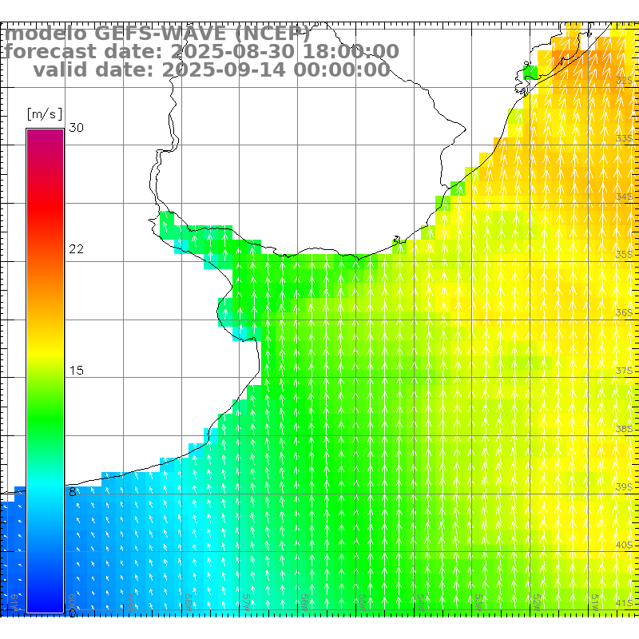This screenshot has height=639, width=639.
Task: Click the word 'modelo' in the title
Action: pos(46,34)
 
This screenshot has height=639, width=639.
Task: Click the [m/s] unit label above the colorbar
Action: pos(44,113)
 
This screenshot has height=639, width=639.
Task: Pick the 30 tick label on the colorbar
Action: pos(76,128)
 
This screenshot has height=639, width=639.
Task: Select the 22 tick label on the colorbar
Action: pos(76,249)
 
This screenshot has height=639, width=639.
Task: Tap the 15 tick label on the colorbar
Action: pos(76,371)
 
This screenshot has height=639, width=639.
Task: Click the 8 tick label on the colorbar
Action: pos(73,492)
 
